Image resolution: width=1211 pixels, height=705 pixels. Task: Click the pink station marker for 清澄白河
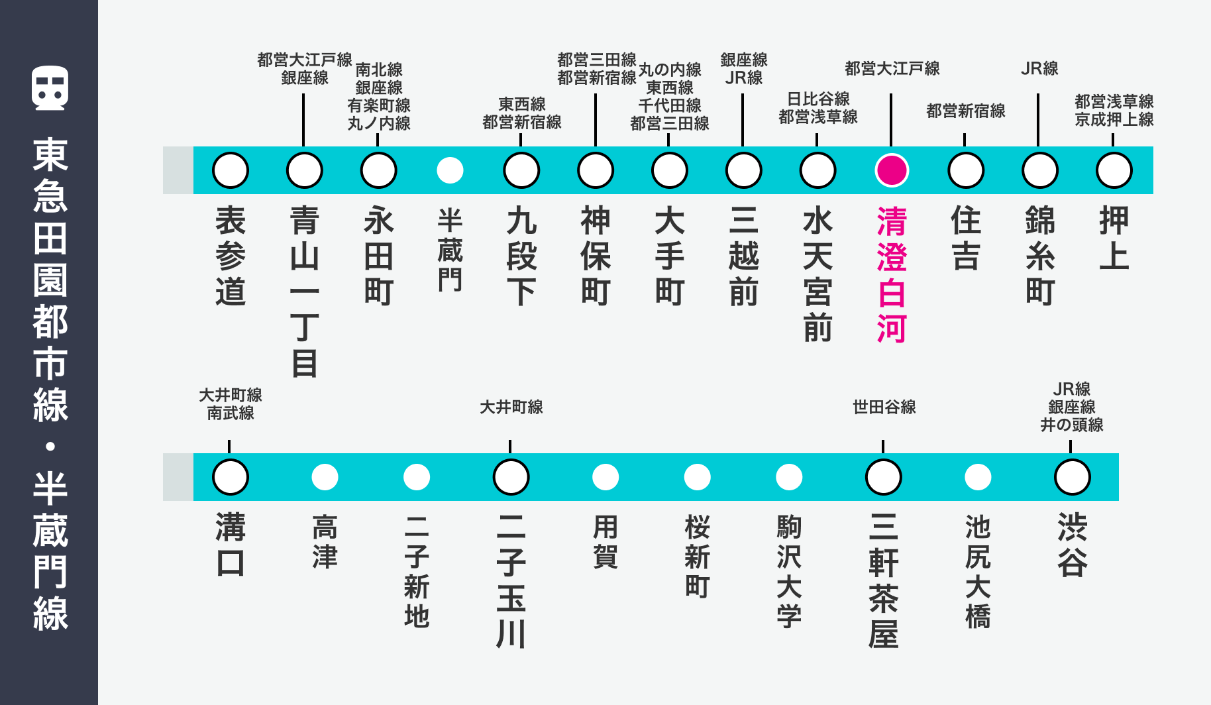coord(892,170)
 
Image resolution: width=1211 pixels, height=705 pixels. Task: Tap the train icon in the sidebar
coord(50,88)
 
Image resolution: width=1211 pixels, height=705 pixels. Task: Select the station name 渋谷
coord(1072,545)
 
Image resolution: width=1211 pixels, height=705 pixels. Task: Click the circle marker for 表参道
coord(231,170)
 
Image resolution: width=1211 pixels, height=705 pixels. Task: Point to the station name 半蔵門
coord(450,250)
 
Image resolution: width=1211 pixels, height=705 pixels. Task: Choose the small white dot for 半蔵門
coord(450,170)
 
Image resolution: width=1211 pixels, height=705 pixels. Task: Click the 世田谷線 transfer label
coord(884,407)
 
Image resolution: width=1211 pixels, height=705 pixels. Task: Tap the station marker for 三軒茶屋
coord(884,477)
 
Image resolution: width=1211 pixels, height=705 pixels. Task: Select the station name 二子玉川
coord(511,580)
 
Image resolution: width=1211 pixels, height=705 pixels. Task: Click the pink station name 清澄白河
coord(892,274)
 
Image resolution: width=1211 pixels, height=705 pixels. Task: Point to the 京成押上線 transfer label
coord(1114,119)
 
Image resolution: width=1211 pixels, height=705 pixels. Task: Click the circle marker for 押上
coord(1114,170)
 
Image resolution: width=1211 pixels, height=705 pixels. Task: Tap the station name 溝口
coord(231,545)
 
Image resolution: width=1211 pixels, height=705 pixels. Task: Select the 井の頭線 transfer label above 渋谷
coord(1072,425)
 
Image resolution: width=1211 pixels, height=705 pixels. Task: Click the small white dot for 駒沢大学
coord(789,477)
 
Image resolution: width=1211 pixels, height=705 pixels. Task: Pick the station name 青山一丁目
coord(305,292)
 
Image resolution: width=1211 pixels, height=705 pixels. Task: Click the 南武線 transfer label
coord(231,413)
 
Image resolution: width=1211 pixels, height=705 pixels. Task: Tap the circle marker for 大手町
coord(670,170)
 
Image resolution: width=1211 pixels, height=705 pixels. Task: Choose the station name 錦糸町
coord(1040,256)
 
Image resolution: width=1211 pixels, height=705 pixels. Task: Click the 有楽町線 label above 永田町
coord(379,105)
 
